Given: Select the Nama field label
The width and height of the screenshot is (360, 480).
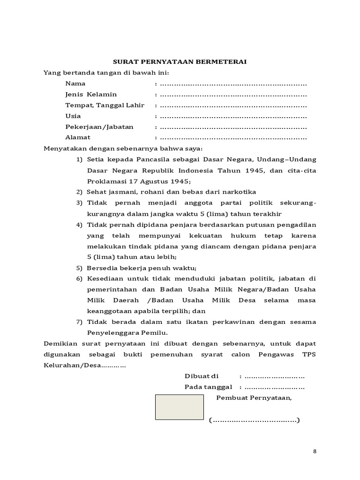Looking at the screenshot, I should pos(75,83).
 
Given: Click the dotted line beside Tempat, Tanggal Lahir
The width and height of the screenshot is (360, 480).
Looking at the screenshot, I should pos(233,105).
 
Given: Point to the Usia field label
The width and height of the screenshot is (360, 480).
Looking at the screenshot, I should pos(73,116).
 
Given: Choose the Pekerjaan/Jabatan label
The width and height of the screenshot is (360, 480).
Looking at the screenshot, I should pos(99,127).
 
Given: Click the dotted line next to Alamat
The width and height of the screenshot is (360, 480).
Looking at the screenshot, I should pos(233,138).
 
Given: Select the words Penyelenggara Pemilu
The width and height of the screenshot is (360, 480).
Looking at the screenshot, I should pos(127,332).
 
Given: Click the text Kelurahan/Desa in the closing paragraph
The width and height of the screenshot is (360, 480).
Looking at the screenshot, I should pos(72,365).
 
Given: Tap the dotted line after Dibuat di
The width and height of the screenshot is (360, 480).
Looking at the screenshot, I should pos(275,376).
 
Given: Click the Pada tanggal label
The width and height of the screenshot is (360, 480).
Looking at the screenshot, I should pos(208,387).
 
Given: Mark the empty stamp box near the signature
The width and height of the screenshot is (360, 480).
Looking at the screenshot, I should pos(180,406).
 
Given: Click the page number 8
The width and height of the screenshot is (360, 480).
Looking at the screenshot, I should pos(315,451).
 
